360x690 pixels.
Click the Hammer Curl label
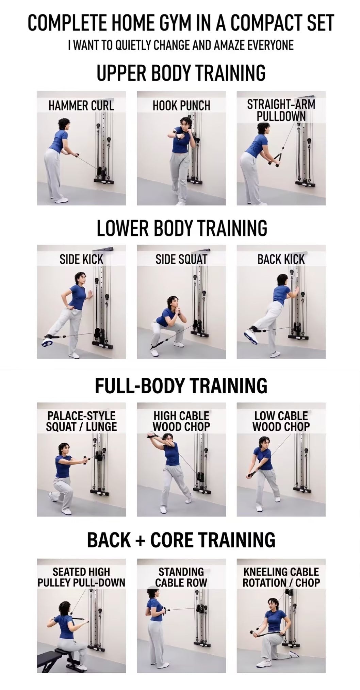click(x=81, y=105)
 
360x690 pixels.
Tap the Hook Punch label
click(x=181, y=105)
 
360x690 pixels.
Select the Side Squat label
click(x=181, y=260)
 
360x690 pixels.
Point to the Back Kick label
click(x=281, y=260)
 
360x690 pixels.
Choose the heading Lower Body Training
click(x=182, y=228)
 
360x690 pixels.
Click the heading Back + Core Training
click(x=181, y=540)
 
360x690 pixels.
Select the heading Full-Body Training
click(x=181, y=385)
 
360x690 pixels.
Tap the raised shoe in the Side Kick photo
click(x=48, y=341)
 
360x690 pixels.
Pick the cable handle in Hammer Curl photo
click(x=78, y=155)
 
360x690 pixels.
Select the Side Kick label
click(x=81, y=260)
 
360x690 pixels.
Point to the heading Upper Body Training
click(x=181, y=73)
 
